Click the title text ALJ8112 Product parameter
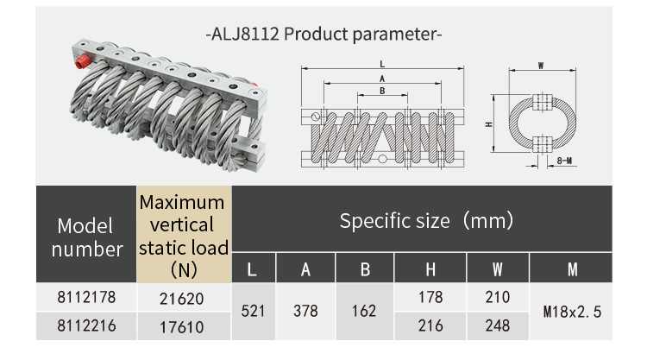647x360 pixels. click(x=323, y=35)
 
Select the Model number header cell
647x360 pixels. click(x=85, y=237)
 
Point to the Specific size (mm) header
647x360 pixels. click(x=426, y=221)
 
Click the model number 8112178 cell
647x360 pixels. click(x=85, y=297)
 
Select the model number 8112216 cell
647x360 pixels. click(x=85, y=325)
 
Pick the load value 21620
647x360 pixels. click(x=184, y=298)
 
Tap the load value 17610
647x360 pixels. click(x=184, y=326)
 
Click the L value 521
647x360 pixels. click(x=251, y=312)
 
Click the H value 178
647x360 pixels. click(x=430, y=298)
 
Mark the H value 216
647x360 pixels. click(x=430, y=326)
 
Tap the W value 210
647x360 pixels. click(x=497, y=298)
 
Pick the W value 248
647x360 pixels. click(x=497, y=326)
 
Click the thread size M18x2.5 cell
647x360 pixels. click(x=571, y=312)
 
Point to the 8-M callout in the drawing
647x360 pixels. click(x=566, y=161)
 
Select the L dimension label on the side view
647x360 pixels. click(x=380, y=65)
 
